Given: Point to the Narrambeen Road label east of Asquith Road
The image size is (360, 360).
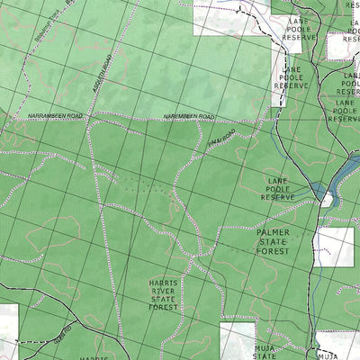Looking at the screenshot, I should click(189, 117).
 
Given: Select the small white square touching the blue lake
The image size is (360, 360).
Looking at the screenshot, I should click(326, 201).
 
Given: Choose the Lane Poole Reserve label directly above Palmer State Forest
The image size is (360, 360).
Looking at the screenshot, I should click(283, 189).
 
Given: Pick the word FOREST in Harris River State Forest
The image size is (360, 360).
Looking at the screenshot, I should click(164, 307).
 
